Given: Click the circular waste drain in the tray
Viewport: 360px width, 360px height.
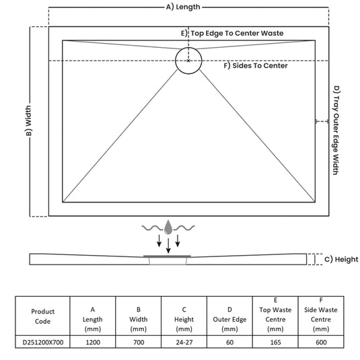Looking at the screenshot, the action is click(x=176, y=61).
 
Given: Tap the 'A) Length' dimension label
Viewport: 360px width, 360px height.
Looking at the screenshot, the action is click(x=183, y=7).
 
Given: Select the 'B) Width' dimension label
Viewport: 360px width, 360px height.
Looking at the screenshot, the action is click(x=29, y=120).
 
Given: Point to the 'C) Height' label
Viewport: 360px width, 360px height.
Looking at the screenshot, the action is click(x=341, y=259).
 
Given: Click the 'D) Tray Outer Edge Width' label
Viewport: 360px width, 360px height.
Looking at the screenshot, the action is click(x=336, y=130).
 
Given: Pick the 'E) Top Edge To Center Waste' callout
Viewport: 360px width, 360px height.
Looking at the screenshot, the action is click(x=232, y=33).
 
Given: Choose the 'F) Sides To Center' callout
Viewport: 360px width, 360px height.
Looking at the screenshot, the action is click(x=256, y=66).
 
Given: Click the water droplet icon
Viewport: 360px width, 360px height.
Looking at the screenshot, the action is click(x=168, y=227).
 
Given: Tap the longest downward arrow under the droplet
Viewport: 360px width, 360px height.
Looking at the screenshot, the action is click(x=168, y=246).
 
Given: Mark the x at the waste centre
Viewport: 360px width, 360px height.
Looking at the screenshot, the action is click(x=188, y=61).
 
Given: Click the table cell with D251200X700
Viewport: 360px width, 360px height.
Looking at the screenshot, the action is click(x=43, y=342).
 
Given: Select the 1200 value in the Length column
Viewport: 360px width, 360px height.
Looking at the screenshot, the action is click(x=93, y=342).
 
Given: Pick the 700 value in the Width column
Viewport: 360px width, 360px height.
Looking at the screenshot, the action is click(x=139, y=342).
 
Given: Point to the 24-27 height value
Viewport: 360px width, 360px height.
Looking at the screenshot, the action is click(x=184, y=342).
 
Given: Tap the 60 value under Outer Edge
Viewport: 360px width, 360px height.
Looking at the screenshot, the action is click(x=229, y=342).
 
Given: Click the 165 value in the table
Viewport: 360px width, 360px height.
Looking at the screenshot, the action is click(x=275, y=342).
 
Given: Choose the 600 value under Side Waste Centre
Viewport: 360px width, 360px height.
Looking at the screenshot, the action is click(x=321, y=342).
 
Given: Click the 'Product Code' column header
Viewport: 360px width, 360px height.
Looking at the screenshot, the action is click(x=42, y=316).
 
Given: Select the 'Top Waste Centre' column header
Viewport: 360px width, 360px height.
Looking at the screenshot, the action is click(x=275, y=314).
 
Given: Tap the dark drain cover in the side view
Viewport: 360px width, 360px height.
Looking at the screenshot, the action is click(x=167, y=256).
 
